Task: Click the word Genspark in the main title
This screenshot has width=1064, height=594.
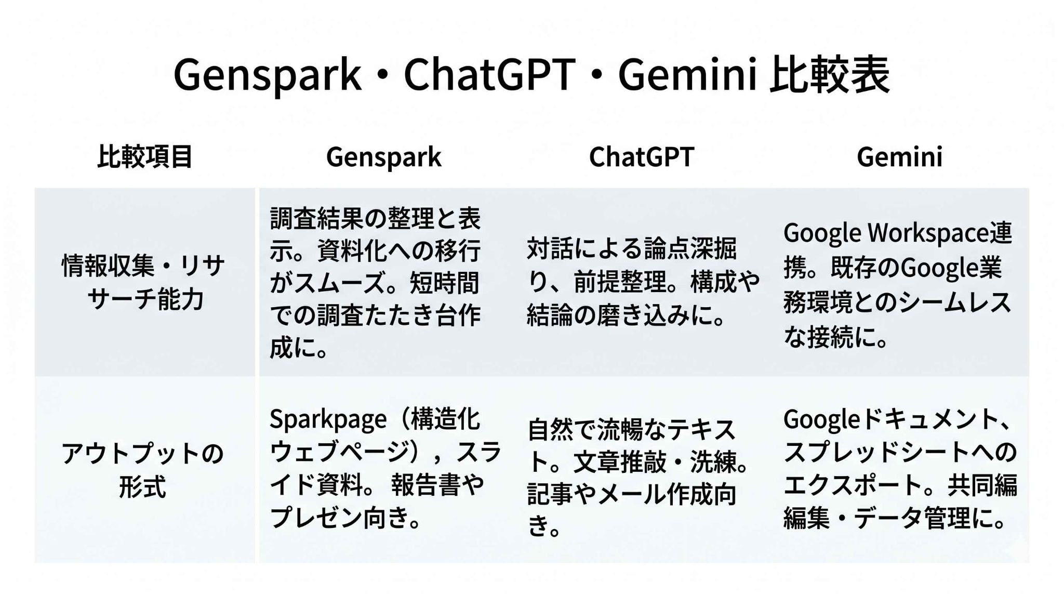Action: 267,75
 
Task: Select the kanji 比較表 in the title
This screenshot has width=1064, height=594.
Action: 830,74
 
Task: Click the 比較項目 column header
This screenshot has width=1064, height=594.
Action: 145,156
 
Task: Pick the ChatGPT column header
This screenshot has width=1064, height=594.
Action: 642,156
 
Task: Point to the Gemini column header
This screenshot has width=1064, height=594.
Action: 900,156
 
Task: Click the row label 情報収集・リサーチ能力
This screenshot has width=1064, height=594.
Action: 143,283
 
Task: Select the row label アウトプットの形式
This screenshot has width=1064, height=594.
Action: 142,470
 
